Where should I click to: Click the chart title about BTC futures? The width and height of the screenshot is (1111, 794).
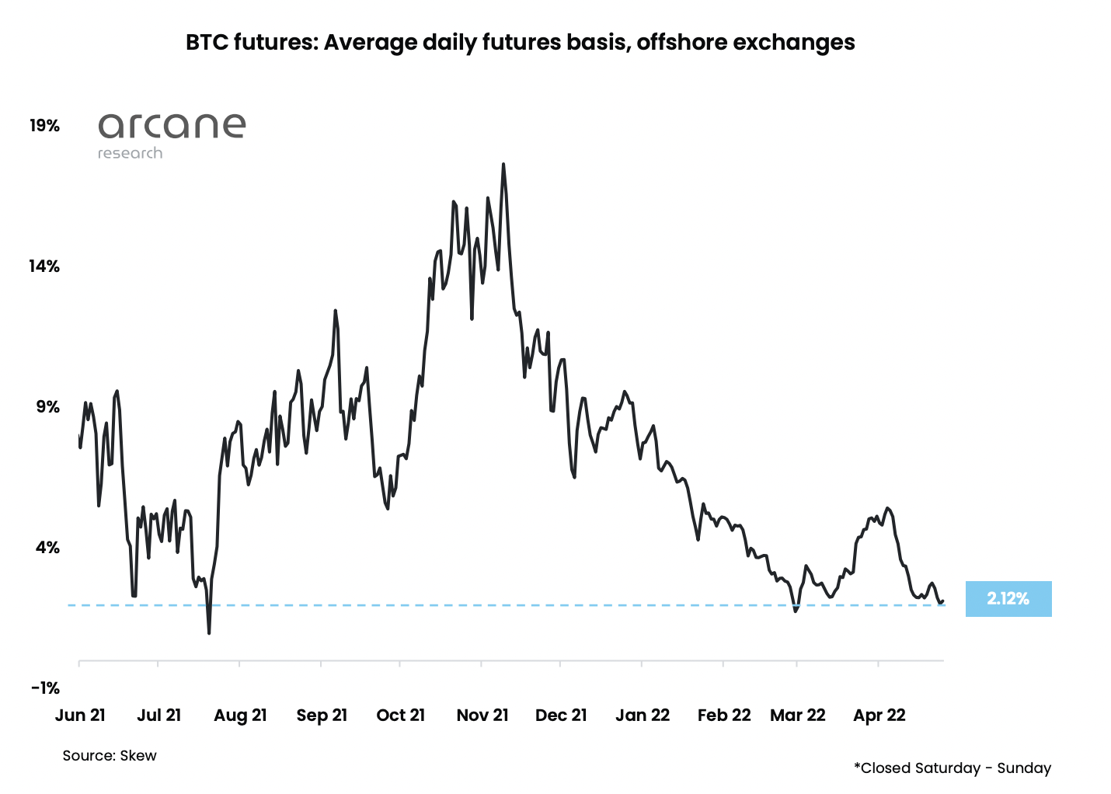point(520,42)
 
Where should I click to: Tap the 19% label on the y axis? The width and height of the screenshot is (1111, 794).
point(44,126)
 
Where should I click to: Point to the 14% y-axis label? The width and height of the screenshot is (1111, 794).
point(44,266)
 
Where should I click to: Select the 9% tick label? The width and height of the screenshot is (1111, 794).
point(47,407)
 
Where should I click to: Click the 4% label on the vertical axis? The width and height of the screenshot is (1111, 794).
point(47,548)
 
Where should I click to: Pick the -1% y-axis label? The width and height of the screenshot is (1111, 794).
point(45,688)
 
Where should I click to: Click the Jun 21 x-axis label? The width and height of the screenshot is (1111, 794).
point(80,716)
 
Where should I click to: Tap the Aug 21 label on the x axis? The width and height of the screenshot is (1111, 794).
point(240,716)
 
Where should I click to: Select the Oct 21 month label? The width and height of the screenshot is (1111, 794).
point(400,716)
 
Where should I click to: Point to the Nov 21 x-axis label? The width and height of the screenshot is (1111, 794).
point(482,716)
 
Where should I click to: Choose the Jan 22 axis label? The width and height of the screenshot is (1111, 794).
point(643,716)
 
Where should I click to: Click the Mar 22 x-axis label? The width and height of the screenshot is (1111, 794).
point(798,716)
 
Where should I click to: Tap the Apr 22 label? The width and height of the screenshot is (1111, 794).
point(879,716)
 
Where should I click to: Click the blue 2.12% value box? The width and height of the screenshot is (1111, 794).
point(1008,599)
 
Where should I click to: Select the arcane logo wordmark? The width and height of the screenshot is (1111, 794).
point(172,126)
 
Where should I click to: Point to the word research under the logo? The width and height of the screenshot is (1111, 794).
point(130,153)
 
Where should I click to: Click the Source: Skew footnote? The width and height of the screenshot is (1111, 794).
point(110,755)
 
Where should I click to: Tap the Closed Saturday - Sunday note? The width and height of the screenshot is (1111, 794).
point(953,768)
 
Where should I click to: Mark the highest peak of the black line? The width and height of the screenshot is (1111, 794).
point(503,165)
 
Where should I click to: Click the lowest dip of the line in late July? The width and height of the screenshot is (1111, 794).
point(209,632)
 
